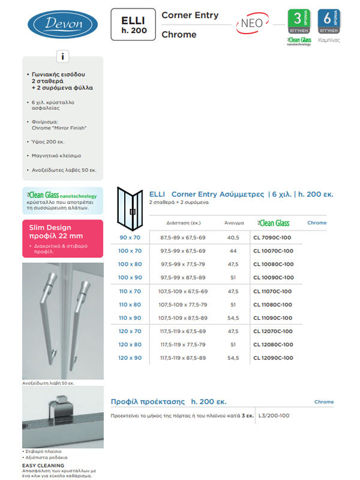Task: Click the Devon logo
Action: point(62,25)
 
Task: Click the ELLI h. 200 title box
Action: point(132,25)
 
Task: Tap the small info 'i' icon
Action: point(62,57)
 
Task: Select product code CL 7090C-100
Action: point(273,238)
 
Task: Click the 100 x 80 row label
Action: point(130,264)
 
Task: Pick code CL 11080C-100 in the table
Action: point(273,304)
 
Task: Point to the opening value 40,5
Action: point(233,238)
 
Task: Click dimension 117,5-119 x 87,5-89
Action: point(183,358)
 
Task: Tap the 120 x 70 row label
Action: point(130,331)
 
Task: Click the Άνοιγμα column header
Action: point(233,223)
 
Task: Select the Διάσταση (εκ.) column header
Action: point(183,223)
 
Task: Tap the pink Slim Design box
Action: point(62,238)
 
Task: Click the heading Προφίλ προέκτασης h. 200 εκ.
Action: point(169,401)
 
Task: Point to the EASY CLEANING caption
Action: point(43,465)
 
